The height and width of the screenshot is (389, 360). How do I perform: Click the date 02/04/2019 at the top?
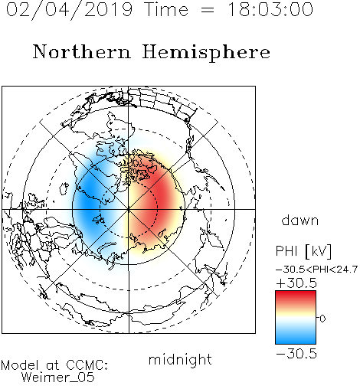click(69, 9)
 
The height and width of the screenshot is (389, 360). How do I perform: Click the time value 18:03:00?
click(270, 9)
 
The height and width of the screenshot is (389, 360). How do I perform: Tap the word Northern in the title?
click(82, 51)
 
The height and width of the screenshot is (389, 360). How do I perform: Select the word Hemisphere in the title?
click(206, 52)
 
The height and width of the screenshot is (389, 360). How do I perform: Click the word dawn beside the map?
click(300, 221)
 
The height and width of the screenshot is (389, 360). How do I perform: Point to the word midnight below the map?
click(180, 360)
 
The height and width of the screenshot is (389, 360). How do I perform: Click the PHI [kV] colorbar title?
click(303, 251)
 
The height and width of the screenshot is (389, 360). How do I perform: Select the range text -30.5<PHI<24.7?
click(316, 270)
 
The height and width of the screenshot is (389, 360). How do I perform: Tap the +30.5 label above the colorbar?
click(296, 283)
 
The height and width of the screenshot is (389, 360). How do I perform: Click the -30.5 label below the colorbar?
click(296, 354)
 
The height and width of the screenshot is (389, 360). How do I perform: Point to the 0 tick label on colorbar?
click(322, 319)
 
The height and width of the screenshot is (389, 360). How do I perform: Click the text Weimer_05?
click(58, 378)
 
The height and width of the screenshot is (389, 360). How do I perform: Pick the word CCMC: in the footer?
click(87, 365)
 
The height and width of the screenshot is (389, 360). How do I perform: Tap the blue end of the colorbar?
click(296, 340)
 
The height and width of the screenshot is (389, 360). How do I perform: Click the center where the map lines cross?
click(129, 209)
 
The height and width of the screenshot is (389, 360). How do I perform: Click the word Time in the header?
click(166, 9)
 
